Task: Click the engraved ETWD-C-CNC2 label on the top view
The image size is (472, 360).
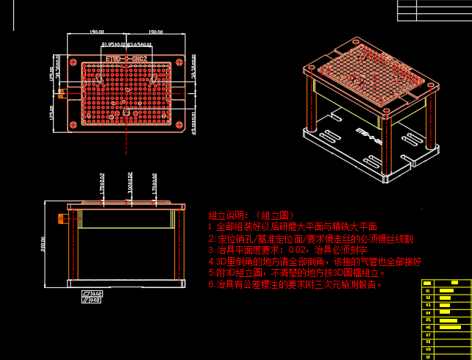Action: (128, 57)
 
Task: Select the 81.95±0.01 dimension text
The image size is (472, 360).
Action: (112, 45)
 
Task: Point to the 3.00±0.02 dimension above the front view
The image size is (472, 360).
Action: (129, 184)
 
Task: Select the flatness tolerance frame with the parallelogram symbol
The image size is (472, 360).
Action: (93, 293)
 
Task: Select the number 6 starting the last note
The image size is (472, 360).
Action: (212, 284)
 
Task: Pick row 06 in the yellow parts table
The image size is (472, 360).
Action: (427, 327)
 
